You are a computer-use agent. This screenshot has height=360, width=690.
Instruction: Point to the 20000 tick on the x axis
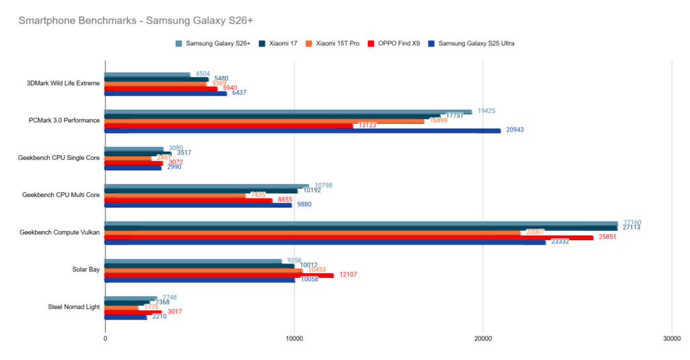click(x=482, y=338)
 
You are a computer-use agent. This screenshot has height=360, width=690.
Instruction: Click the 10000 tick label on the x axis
click(x=294, y=338)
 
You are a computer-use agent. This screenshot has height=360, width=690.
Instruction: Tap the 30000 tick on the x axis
click(x=671, y=338)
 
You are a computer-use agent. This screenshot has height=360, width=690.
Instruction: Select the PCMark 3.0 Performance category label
click(x=65, y=121)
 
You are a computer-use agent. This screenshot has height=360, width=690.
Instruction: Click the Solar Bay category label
click(x=86, y=270)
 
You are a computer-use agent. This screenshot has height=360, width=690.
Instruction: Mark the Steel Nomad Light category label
click(x=74, y=307)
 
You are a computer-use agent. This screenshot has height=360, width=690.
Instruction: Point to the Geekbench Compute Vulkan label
click(x=60, y=233)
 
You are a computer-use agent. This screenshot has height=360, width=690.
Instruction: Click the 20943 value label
click(x=516, y=130)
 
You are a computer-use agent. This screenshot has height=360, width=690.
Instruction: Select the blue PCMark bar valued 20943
click(x=303, y=130)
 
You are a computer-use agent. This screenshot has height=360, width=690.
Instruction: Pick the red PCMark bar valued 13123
click(x=229, y=125)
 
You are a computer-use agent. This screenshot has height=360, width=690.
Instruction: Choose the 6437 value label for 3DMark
click(x=239, y=93)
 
